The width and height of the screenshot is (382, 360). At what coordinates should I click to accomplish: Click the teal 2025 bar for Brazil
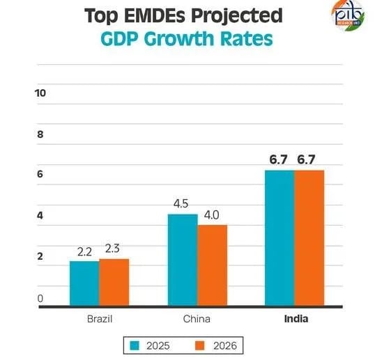[84, 283]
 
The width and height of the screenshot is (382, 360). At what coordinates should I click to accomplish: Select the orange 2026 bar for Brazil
[114, 282]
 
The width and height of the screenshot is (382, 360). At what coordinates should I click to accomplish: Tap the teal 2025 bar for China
[183, 260]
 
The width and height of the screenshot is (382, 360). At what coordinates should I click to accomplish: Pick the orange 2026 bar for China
[212, 265]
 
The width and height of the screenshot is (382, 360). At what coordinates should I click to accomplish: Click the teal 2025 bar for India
[279, 237]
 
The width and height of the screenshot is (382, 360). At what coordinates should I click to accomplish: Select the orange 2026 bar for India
[309, 237]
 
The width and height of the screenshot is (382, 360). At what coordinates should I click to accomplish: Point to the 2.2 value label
[85, 252]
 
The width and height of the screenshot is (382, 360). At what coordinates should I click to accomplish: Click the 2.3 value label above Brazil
[114, 249]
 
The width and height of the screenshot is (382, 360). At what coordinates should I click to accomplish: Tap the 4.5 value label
[182, 204]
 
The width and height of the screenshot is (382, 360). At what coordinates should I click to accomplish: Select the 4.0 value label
[211, 215]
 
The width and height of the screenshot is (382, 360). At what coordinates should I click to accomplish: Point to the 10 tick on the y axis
[40, 93]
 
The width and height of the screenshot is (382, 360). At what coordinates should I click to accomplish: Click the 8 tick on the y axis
[40, 134]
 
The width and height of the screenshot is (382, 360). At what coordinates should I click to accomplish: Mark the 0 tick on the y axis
[40, 298]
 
